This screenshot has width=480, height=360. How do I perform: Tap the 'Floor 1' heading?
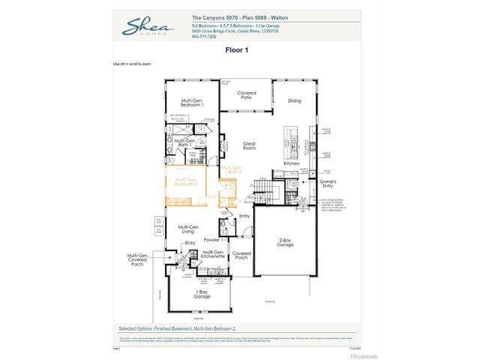(x=237, y=51)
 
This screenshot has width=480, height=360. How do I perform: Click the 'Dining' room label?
(x=294, y=100)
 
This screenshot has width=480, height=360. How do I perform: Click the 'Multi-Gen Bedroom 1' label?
(x=192, y=102)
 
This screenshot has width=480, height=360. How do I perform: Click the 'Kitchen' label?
(x=291, y=163)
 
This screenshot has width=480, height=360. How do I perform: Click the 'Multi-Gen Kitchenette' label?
(x=213, y=254)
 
